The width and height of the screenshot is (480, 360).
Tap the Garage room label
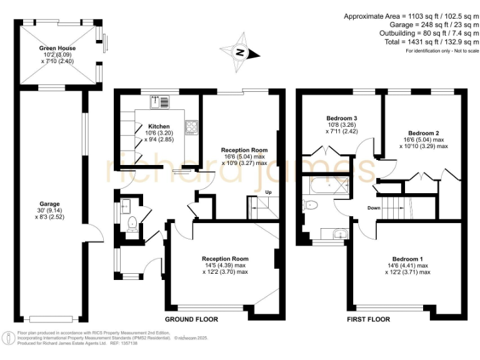[x=50, y=204]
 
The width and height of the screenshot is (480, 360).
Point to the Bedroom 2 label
[x=423, y=133]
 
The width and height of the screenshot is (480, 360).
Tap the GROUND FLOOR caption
[x=191, y=319]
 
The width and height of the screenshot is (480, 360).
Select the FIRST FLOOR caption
[x=368, y=319]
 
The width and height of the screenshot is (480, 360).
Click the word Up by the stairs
[x=269, y=192]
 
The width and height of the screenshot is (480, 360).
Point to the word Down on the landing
[x=374, y=208]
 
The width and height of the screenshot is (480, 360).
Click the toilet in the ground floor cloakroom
[x=131, y=224]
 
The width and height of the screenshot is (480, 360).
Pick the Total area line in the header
[x=431, y=41]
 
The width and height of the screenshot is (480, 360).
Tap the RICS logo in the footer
[x=9, y=338]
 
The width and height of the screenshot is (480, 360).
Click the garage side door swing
[x=94, y=236]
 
